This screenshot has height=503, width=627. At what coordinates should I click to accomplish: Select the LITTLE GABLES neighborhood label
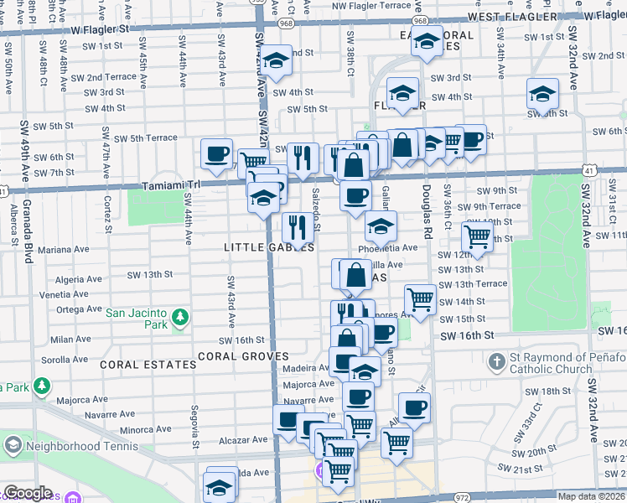[257, 247]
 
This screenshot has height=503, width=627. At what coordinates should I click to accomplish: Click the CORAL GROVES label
[243, 356]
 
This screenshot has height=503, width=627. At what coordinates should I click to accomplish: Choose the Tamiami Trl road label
[173, 185]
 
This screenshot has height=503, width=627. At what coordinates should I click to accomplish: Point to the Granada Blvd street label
[28, 231]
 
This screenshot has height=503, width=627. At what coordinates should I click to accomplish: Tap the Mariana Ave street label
[63, 249]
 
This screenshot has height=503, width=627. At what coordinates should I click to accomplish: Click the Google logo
[28, 493]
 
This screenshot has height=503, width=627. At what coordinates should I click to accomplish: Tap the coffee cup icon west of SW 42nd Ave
[217, 153]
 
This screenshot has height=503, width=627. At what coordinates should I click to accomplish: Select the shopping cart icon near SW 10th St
[477, 236]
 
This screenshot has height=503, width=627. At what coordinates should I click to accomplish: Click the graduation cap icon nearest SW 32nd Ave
[542, 95]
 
